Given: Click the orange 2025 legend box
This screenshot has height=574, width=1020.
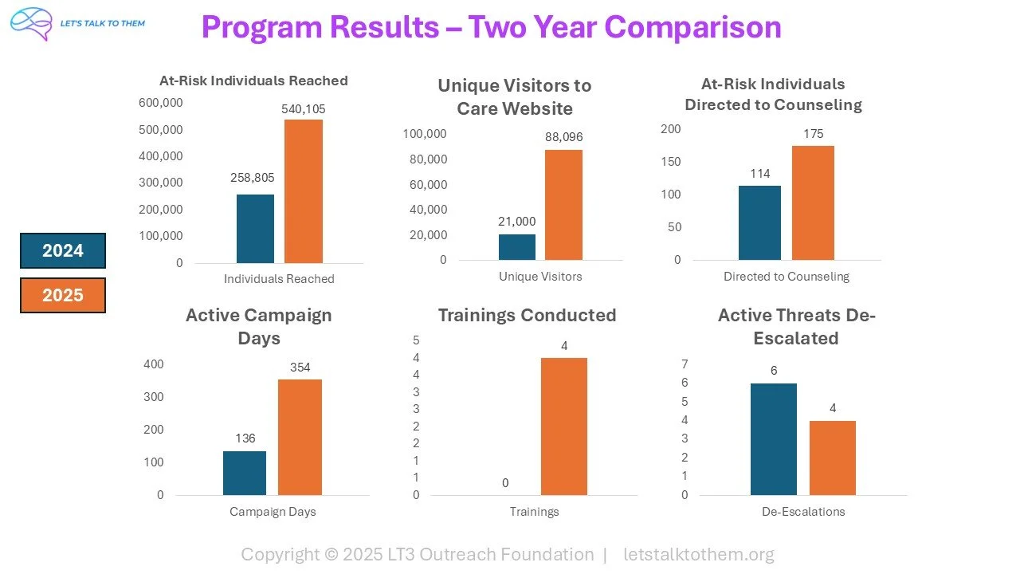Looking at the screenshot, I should pyautogui.click(x=63, y=295).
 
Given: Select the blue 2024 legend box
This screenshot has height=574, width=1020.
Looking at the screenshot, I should pyautogui.click(x=63, y=251).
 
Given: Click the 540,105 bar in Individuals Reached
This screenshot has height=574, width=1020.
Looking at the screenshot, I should pyautogui.click(x=304, y=191).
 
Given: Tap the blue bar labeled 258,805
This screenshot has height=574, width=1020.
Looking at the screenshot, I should pyautogui.click(x=255, y=229).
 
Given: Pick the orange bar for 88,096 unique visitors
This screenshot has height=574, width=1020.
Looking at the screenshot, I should pyautogui.click(x=563, y=205).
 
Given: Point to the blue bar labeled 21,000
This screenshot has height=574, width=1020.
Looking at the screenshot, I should pyautogui.click(x=517, y=247).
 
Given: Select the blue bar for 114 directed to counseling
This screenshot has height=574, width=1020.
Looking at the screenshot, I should pyautogui.click(x=759, y=222).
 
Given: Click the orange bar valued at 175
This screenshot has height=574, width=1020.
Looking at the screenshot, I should pyautogui.click(x=813, y=202).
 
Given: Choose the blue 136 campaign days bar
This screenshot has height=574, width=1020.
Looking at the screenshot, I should pyautogui.click(x=245, y=473).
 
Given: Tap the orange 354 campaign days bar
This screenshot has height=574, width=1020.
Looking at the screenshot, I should pyautogui.click(x=300, y=437).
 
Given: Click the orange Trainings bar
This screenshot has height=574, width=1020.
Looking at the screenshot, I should pyautogui.click(x=563, y=427).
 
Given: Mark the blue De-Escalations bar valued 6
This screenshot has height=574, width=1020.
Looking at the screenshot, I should pyautogui.click(x=773, y=439).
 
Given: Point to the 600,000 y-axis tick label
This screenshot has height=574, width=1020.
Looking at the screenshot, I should pyautogui.click(x=161, y=103).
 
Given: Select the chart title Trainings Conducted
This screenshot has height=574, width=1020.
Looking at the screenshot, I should pyautogui.click(x=527, y=315).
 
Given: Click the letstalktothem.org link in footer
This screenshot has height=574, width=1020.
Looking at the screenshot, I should pyautogui.click(x=698, y=554).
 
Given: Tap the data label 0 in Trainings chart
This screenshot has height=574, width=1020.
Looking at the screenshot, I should pyautogui.click(x=505, y=483).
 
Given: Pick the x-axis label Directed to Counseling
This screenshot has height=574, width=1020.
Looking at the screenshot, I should pyautogui.click(x=786, y=277).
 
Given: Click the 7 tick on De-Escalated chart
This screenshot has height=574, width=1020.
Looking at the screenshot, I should pyautogui.click(x=685, y=364).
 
